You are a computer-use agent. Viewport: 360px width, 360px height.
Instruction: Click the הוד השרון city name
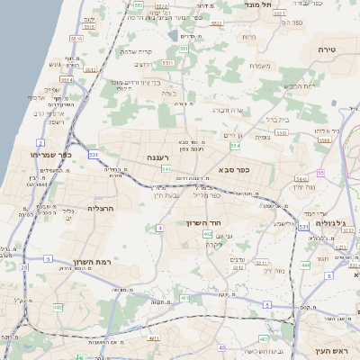(x=205, y=222)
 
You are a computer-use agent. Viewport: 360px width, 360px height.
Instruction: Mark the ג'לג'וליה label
(x=335, y=222)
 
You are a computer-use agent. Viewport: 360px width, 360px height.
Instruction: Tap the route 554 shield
(x=235, y=145)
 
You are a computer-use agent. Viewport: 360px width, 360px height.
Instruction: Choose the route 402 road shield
(x=208, y=234)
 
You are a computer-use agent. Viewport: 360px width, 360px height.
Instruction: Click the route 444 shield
(x=305, y=265)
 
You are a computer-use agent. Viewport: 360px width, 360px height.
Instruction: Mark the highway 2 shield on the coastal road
(x=40, y=143)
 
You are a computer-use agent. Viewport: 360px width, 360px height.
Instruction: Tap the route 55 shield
(x=320, y=173)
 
